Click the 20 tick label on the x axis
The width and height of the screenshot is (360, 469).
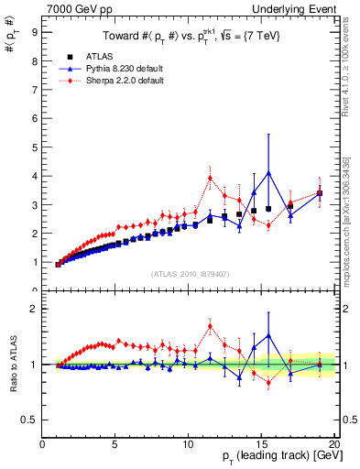pyautogui.click(x=333, y=445)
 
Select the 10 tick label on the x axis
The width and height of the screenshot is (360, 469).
pyautogui.click(x=188, y=445)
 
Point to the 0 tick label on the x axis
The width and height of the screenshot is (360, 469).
pyautogui.click(x=43, y=445)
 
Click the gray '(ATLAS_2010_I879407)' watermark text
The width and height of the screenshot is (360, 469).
pyautogui.click(x=190, y=274)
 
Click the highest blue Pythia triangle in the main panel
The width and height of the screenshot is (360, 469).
pyautogui.click(x=268, y=172)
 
